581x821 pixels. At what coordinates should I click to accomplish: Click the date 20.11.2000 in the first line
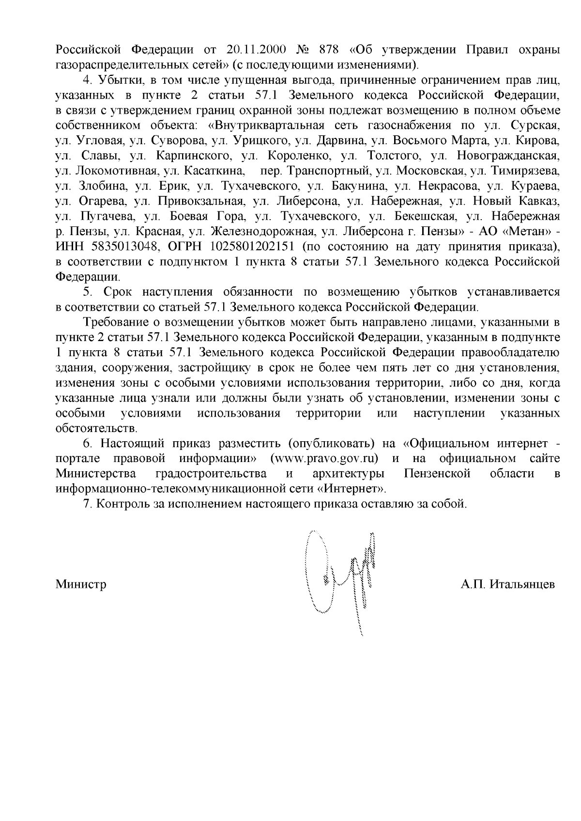point(256,50)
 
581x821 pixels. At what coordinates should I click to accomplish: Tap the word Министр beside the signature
point(81,584)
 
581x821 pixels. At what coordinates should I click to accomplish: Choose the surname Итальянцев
point(522,584)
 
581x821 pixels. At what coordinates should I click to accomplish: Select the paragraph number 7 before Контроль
point(87,504)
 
